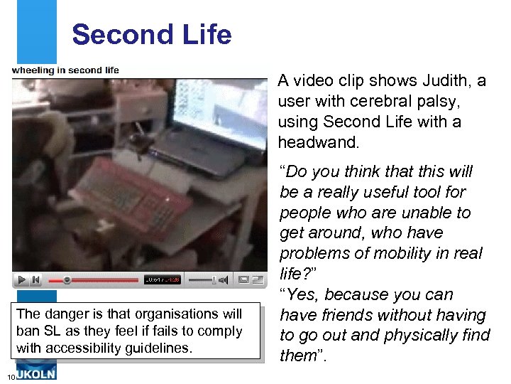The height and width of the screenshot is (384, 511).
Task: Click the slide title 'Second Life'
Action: [151, 34]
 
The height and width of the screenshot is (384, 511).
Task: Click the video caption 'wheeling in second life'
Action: [65, 70]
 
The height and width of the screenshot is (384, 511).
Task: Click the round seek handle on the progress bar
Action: [67, 280]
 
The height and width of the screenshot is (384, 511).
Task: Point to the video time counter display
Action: [163, 280]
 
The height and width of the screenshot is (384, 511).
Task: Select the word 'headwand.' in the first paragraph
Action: [319, 142]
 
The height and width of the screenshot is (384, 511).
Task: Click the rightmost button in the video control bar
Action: [255, 280]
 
